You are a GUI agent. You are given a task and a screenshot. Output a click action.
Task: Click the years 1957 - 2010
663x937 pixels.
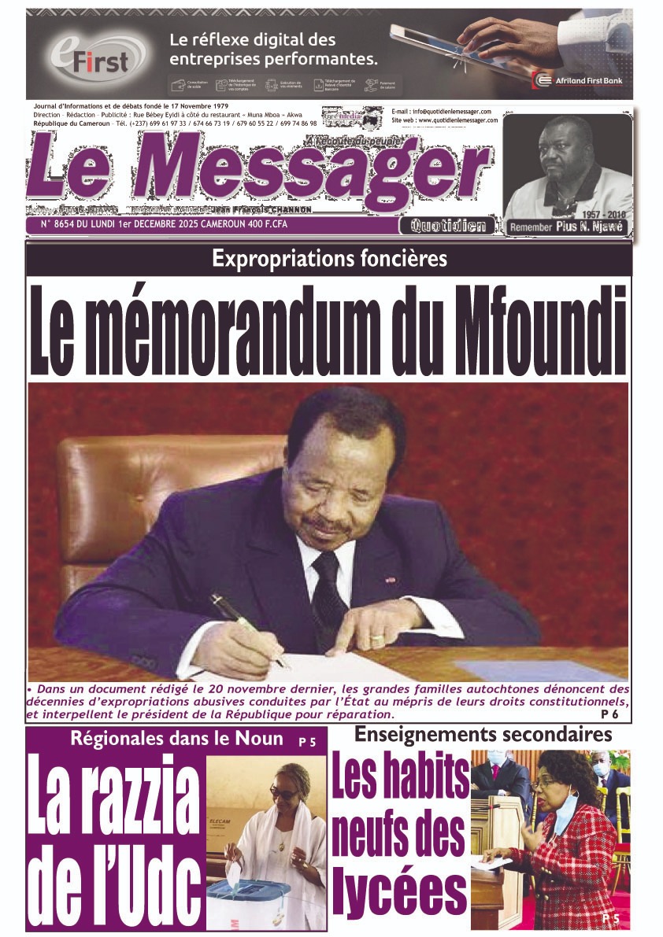pos(600,214)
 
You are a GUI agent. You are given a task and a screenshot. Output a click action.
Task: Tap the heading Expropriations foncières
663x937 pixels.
pos(330,259)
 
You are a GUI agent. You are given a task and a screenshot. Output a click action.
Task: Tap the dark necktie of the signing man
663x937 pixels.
pos(325,590)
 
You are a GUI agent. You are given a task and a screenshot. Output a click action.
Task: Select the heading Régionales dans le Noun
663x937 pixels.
pos(176,739)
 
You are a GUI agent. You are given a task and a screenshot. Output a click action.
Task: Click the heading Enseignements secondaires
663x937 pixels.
pos(483,735)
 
